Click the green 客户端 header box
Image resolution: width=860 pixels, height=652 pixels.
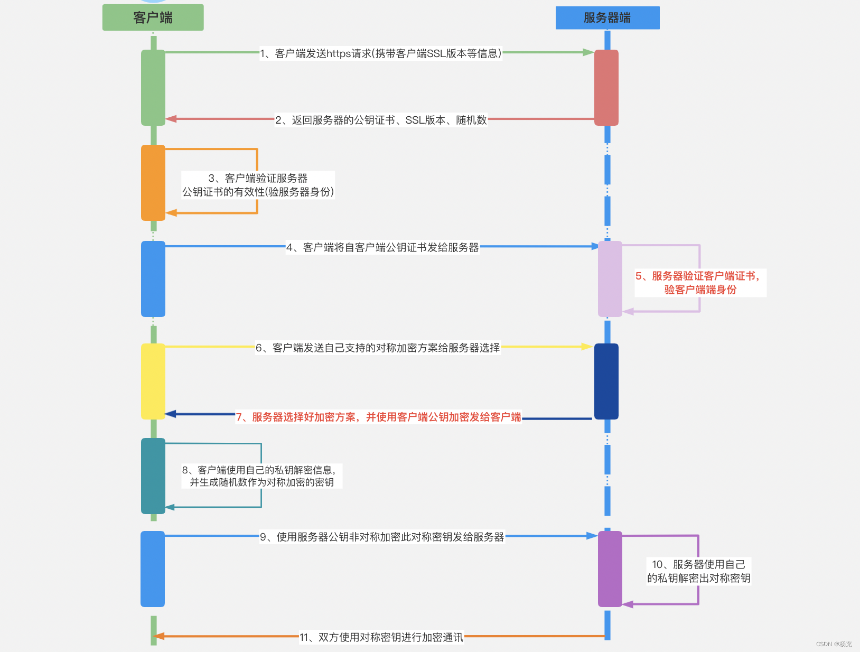point(153,17)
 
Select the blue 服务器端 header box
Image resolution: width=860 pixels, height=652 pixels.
point(607,17)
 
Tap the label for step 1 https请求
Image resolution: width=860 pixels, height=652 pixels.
point(380,53)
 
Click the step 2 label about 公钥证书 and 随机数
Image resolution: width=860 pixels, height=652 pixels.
point(380,120)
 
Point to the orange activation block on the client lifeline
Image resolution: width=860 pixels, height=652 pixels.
point(153,183)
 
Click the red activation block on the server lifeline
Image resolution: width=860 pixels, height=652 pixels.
point(606,88)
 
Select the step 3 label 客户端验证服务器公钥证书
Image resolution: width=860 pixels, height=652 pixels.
point(258,185)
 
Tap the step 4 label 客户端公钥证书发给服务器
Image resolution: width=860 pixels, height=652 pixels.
point(382,247)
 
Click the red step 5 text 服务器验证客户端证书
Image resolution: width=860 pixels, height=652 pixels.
point(699,283)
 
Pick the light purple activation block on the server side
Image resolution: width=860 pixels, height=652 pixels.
point(610,279)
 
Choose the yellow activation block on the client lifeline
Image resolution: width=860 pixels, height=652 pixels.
point(153,381)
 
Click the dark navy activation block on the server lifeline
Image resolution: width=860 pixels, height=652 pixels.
point(606,381)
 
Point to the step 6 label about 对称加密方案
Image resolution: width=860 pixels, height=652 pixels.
point(378,348)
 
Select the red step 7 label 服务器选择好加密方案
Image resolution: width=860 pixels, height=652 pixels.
point(378,417)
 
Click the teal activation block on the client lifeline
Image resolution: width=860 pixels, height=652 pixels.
point(153,476)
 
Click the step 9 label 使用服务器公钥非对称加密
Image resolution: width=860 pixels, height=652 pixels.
point(382,537)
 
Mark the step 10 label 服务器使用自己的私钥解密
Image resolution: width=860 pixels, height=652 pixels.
point(698,571)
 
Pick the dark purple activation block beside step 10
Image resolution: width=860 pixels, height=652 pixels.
point(610,569)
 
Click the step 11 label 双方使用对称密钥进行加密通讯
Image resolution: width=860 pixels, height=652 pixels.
point(381,637)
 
